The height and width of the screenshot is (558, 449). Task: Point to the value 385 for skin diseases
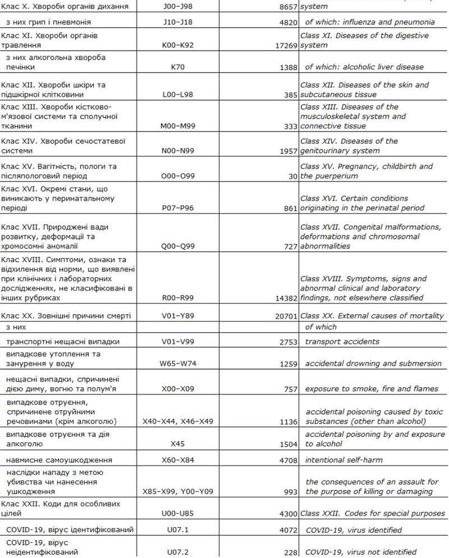tap(290, 96)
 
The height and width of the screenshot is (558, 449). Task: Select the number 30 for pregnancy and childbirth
tap(292, 176)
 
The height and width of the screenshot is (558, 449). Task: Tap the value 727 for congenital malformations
tap(290, 247)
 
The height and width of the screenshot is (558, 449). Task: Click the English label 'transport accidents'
tap(342, 342)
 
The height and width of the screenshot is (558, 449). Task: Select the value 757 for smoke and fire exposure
tap(290, 389)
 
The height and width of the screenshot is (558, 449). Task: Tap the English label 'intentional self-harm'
tap(343, 460)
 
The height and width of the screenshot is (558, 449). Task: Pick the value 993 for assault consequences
tap(290, 492)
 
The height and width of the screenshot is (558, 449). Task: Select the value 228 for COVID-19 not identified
tap(290, 553)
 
